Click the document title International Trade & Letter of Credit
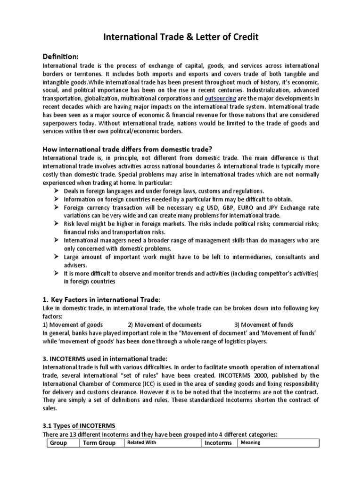(x=181, y=37)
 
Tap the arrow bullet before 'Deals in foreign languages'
(x=56, y=191)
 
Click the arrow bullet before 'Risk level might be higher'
(x=56, y=224)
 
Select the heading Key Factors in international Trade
(x=102, y=300)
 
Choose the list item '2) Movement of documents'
(x=165, y=325)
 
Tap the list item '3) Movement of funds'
(x=264, y=325)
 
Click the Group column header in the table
(x=58, y=443)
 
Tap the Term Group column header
(x=100, y=443)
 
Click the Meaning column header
(x=251, y=442)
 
